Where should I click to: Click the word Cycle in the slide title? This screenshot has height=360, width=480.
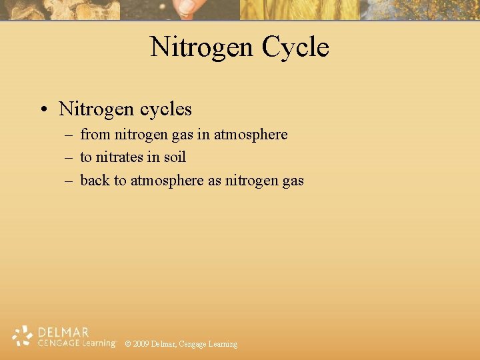tap(295, 47)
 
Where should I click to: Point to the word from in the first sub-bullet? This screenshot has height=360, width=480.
tap(95, 135)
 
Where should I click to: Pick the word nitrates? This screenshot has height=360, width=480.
tap(123, 157)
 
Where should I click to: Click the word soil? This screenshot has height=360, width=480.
tap(174, 157)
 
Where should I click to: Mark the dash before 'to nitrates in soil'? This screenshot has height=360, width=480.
tap(70, 158)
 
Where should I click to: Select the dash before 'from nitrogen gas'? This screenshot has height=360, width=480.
tap(70, 135)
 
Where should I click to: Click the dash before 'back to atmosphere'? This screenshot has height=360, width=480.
tap(70, 181)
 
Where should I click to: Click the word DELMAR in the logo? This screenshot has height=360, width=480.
tap(64, 332)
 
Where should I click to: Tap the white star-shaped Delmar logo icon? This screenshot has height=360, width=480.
tap(23, 336)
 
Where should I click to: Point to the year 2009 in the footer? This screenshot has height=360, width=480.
tap(141, 344)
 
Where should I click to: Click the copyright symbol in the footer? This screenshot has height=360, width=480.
tap(127, 344)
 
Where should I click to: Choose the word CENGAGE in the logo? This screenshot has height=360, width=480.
tap(59, 343)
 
